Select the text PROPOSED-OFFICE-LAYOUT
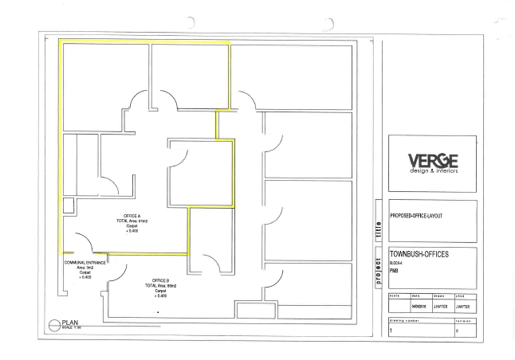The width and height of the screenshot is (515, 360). coord(417,216)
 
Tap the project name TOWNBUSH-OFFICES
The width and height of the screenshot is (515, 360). coord(423,253)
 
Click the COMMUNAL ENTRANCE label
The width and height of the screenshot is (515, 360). coord(85,261)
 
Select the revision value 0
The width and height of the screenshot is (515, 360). coord(458,329)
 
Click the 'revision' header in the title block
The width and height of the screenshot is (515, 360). coord(462,319)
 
